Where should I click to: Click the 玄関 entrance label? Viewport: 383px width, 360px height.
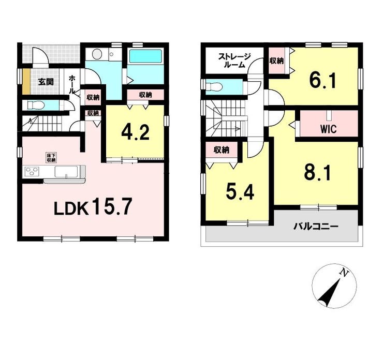[x=46, y=82]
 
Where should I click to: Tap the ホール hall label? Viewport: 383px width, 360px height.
[x=72, y=85]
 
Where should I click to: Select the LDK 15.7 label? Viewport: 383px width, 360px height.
[x=93, y=207]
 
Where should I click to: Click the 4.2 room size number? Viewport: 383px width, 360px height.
[x=135, y=132]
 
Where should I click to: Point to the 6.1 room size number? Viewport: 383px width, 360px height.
[x=323, y=80]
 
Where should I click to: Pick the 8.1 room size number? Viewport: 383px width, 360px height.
[x=318, y=173]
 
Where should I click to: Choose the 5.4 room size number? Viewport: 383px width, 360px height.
[x=240, y=191]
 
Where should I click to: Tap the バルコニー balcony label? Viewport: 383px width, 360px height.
[x=316, y=227]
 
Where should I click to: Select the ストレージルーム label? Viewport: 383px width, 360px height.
[x=234, y=61]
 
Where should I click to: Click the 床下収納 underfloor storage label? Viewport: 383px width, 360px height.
[x=51, y=158]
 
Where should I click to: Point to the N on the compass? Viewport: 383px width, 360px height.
[x=344, y=273]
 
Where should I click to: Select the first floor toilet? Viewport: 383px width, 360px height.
[x=35, y=106]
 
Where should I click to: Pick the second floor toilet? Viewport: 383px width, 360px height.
[x=214, y=87]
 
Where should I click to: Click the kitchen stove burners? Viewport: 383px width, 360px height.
[x=32, y=171]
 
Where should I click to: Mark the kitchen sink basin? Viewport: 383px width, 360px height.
[x=66, y=172]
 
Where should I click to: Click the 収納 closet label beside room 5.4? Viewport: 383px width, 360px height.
[x=222, y=150]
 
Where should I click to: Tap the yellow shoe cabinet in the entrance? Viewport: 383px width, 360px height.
[x=26, y=82]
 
